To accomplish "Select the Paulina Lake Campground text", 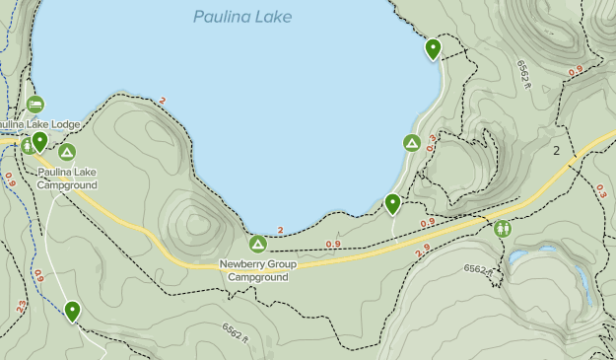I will coord(66,178).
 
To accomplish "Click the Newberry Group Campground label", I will coord(257,270).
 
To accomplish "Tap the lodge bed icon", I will coord(35,104).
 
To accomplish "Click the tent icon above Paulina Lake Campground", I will coord(66,152).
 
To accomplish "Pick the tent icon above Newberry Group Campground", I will coord(257,243).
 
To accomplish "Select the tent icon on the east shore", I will coord(412,143).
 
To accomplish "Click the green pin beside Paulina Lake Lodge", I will coord(40,142).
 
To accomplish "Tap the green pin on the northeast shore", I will coord(433,48).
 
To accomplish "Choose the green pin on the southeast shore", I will coord(392,203).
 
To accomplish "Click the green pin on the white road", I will coord(72,312).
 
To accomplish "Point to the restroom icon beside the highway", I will coord(504,228).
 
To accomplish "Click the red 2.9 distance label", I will coord(423,253).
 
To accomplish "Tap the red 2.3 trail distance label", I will coord(23,307).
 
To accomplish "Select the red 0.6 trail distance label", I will coord(40,278).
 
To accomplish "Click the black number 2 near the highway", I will coord(557,151).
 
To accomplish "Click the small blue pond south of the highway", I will coord(519,256).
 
